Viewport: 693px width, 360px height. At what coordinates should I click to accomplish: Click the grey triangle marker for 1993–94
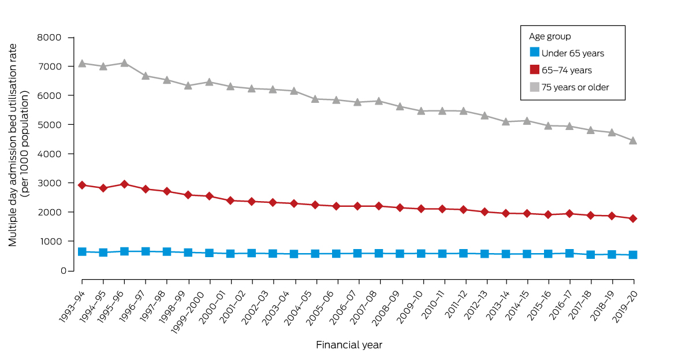[x=82, y=64]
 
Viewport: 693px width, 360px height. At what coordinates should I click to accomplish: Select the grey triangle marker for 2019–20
[x=633, y=140]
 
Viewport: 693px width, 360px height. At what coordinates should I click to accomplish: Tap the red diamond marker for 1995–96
[x=124, y=184]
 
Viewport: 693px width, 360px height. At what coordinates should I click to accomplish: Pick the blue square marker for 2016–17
[x=569, y=253]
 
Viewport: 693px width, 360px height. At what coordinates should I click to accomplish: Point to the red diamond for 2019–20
[x=633, y=218]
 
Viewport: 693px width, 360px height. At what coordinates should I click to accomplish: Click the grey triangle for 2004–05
[x=315, y=99]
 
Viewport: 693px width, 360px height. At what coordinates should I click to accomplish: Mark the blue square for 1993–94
[x=82, y=251]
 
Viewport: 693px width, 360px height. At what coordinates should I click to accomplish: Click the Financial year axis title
[x=349, y=345]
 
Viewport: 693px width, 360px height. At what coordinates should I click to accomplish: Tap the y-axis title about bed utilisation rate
[x=19, y=144]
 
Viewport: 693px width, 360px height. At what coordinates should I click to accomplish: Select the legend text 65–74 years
[x=567, y=70]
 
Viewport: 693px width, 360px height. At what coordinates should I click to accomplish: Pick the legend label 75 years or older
[x=575, y=87]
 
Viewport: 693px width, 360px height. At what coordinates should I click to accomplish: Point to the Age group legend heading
[x=550, y=36]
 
